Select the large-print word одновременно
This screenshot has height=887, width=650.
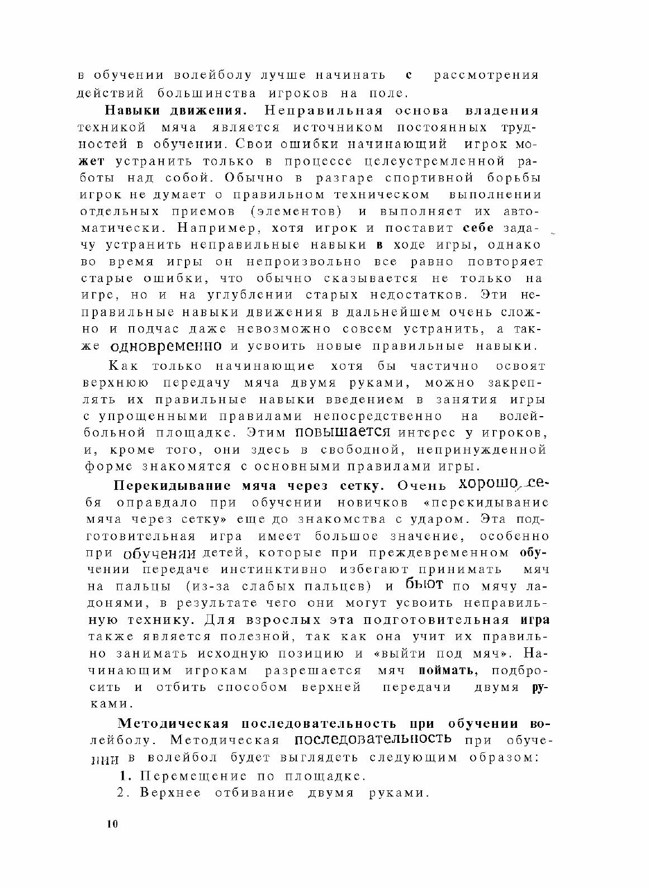167,346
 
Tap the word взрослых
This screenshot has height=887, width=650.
273,620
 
